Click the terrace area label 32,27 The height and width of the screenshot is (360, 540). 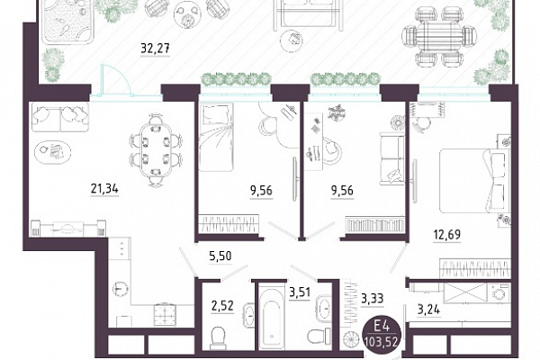click(156, 49)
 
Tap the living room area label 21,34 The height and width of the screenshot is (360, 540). click(104, 189)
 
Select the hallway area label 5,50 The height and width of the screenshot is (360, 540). click(220, 256)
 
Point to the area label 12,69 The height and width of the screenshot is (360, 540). click(446, 235)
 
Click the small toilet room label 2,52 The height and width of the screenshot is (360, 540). click(222, 306)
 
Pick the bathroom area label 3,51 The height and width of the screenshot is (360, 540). click(300, 292)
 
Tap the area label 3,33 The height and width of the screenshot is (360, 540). click(373, 298)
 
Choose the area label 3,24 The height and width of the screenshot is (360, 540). click(428, 310)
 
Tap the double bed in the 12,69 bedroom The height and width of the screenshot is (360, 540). click(474, 181)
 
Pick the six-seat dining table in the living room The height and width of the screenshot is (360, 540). click(156, 150)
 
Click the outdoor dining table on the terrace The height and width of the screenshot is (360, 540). click(440, 38)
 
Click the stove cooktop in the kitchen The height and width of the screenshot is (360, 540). click(165, 314)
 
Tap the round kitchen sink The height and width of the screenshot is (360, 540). click(120, 288)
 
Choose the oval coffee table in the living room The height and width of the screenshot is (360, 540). click(53, 151)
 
